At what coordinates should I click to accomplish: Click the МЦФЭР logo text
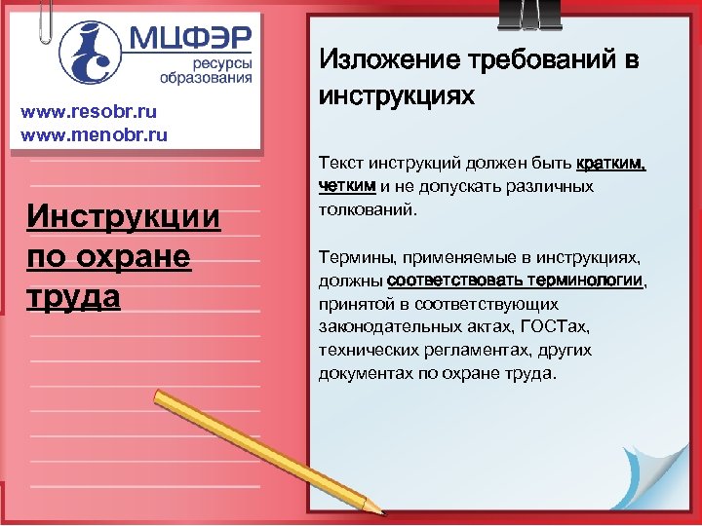point(191,40)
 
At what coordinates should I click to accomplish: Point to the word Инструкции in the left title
point(125,215)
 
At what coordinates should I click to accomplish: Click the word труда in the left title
point(73,295)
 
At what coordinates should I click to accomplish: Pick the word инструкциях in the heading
point(397,97)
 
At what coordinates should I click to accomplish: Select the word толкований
point(367,207)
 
